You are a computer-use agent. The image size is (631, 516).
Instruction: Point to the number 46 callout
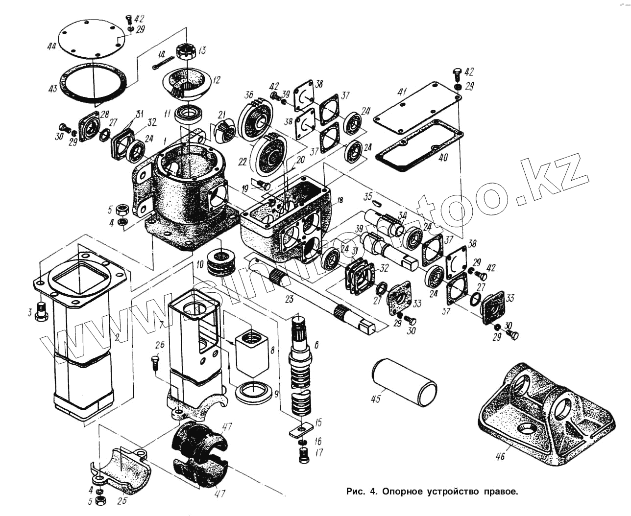[x=500, y=457]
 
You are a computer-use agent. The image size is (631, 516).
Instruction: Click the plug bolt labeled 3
[x=41, y=311]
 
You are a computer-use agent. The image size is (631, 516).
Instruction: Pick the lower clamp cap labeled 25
[x=120, y=468]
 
